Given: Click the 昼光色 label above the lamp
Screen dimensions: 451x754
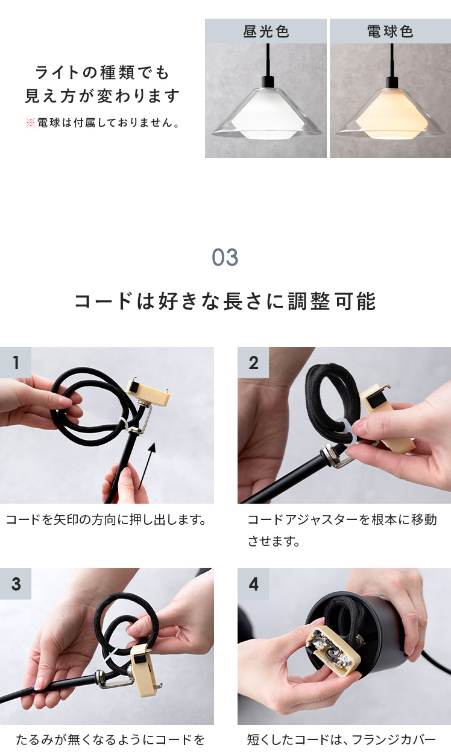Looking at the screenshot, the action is click(x=266, y=31).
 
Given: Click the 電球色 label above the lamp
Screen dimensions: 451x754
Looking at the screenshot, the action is click(x=390, y=31).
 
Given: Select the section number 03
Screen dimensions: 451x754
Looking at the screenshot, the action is click(x=225, y=258).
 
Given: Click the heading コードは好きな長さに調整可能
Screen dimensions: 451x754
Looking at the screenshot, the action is click(x=225, y=301).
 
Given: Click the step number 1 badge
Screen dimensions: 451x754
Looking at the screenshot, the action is click(x=16, y=363).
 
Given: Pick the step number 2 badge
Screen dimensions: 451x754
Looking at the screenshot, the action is click(x=253, y=363).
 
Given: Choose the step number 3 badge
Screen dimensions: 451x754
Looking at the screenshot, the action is click(x=16, y=584).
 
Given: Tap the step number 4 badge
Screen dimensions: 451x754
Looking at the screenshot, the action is click(x=253, y=584).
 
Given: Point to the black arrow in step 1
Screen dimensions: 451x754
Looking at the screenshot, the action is click(x=147, y=466).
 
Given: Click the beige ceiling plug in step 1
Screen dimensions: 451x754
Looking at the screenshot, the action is click(x=147, y=393).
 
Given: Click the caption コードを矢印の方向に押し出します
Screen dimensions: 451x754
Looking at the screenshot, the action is click(x=106, y=520).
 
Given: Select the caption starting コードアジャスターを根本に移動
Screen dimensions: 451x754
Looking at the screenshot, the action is click(x=342, y=530).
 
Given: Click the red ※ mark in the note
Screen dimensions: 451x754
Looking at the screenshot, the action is click(x=30, y=122).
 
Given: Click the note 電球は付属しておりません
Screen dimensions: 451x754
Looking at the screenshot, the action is click(x=108, y=123).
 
